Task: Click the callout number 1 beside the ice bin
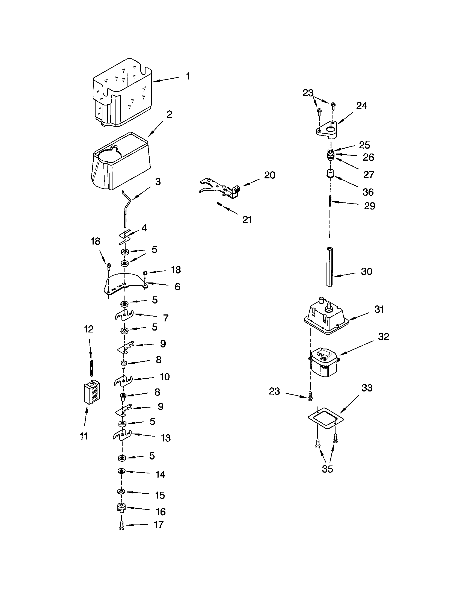pyautogui.click(x=188, y=76)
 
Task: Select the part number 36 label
pyautogui.click(x=368, y=192)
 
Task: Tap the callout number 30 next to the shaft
pyautogui.click(x=366, y=272)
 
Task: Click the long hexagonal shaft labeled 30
pyautogui.click(x=330, y=267)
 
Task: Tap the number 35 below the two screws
pyautogui.click(x=327, y=469)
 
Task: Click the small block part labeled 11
pyautogui.click(x=91, y=392)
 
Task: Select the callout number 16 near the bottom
pyautogui.click(x=161, y=512)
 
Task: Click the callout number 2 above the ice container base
pyautogui.click(x=169, y=114)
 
